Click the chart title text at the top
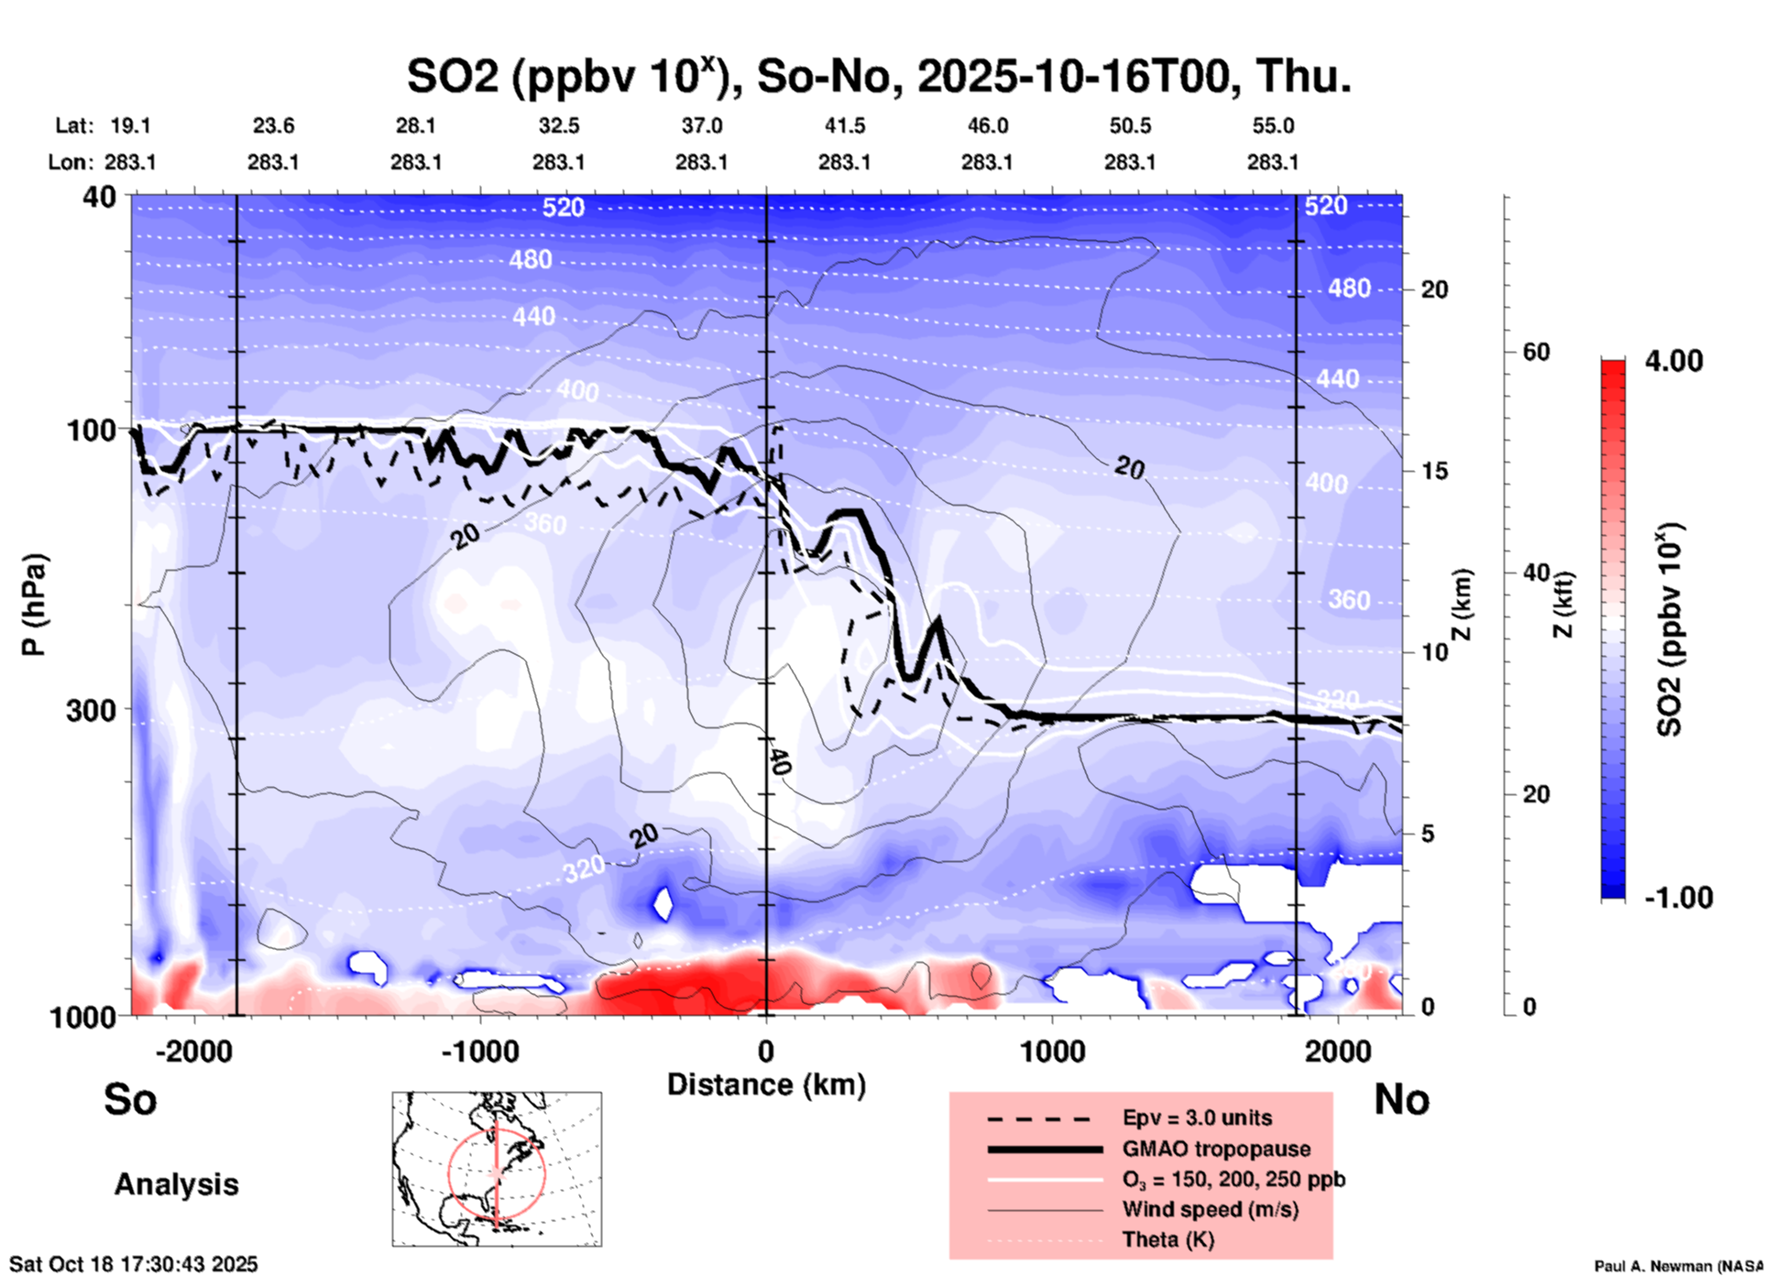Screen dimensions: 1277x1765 tap(879, 77)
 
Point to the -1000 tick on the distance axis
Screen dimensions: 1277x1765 tap(480, 1051)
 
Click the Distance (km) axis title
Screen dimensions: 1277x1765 tap(766, 1085)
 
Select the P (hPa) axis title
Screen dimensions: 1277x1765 tap(34, 605)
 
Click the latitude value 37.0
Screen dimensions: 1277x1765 tap(701, 126)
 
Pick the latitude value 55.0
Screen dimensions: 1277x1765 tap(1273, 126)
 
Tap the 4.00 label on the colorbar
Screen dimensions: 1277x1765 tap(1673, 361)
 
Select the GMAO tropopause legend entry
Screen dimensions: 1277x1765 tap(1216, 1149)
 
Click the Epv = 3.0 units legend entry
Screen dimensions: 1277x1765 tap(1197, 1118)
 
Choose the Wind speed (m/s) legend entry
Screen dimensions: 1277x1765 tap(1210, 1209)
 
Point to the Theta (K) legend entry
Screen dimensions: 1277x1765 tap(1168, 1239)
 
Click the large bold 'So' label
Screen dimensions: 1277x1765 tap(130, 1099)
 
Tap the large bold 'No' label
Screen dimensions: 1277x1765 tap(1401, 1099)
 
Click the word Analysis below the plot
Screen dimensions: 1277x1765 tap(176, 1184)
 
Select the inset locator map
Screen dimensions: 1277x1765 tap(497, 1169)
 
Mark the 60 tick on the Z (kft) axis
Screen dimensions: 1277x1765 tap(1536, 352)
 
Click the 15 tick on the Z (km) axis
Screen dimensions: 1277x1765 tap(1434, 471)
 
